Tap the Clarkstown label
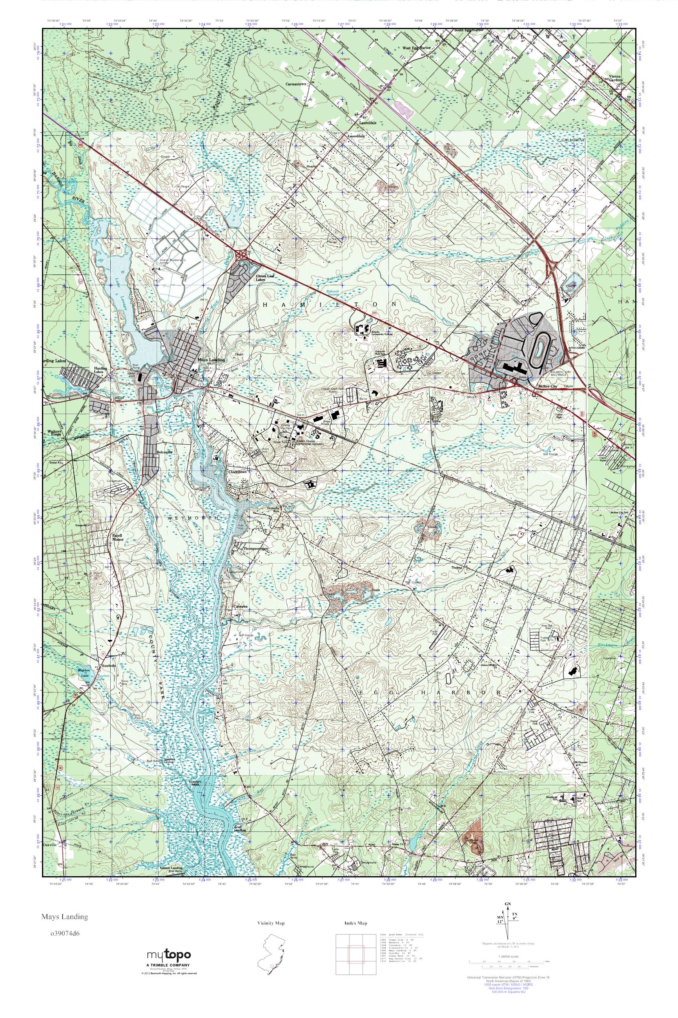click(237, 472)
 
